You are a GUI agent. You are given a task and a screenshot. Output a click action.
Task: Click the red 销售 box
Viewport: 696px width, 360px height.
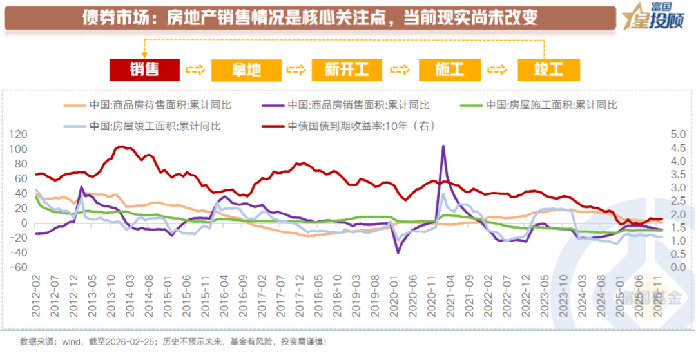tap(144, 69)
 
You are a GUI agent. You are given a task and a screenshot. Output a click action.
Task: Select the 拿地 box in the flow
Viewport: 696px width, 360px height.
tap(246, 69)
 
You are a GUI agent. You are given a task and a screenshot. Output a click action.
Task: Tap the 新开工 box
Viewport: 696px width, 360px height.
tap(347, 69)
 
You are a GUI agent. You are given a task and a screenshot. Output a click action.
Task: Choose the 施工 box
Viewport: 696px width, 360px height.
tap(449, 69)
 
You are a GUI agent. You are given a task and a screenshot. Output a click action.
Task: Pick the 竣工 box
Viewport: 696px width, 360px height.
tap(548, 69)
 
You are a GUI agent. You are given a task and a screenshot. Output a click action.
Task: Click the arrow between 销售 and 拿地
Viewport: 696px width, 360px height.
tap(195, 70)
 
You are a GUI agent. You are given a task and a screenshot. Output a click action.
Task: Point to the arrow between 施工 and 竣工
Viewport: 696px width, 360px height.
tap(499, 70)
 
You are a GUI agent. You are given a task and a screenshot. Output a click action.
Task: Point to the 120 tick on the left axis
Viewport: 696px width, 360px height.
tap(20, 135)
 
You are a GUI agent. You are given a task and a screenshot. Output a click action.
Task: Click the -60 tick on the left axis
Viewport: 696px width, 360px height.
tap(20, 268)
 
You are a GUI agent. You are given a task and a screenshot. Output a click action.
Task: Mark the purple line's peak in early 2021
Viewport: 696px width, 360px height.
tap(443, 146)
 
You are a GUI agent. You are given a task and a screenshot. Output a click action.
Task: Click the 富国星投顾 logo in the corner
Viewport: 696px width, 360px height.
tap(650, 17)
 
